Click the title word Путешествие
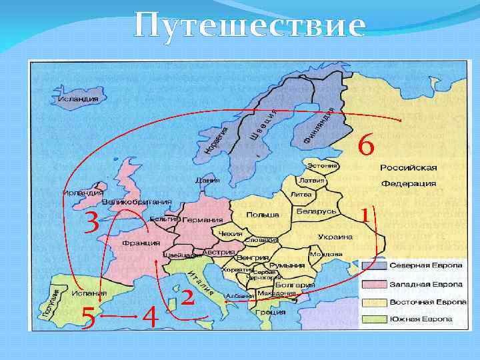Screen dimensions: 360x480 [249, 26]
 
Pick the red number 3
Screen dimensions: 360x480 [91, 223]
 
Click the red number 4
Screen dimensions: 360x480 [151, 316]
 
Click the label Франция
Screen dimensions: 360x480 [141, 243]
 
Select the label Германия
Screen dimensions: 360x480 [201, 220]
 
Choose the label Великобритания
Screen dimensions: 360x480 [137, 201]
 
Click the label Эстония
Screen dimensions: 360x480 [321, 164]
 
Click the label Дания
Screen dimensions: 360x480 [203, 179]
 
